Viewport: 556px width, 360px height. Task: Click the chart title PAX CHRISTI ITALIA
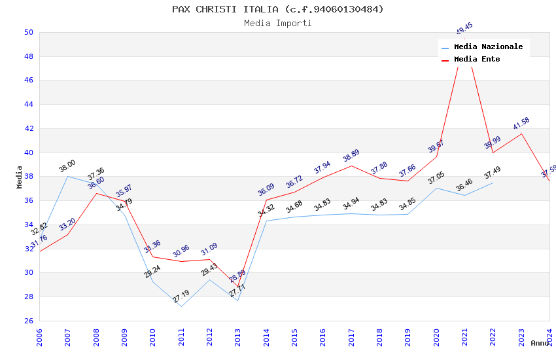click(x=278, y=9)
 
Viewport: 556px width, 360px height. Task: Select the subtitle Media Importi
click(x=278, y=23)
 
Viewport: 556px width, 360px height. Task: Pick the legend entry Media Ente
click(x=477, y=59)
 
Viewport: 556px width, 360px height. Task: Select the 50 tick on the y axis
click(x=29, y=32)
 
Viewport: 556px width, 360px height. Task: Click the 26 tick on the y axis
click(x=29, y=321)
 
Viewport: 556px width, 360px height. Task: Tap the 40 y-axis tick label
click(x=29, y=153)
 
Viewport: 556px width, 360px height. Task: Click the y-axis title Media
click(x=20, y=177)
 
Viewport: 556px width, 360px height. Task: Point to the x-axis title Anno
click(x=540, y=343)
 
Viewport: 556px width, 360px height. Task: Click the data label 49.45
click(x=464, y=29)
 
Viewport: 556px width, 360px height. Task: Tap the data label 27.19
click(x=181, y=297)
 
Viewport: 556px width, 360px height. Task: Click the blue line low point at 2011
click(x=181, y=306)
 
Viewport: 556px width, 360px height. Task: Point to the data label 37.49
click(x=493, y=173)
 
